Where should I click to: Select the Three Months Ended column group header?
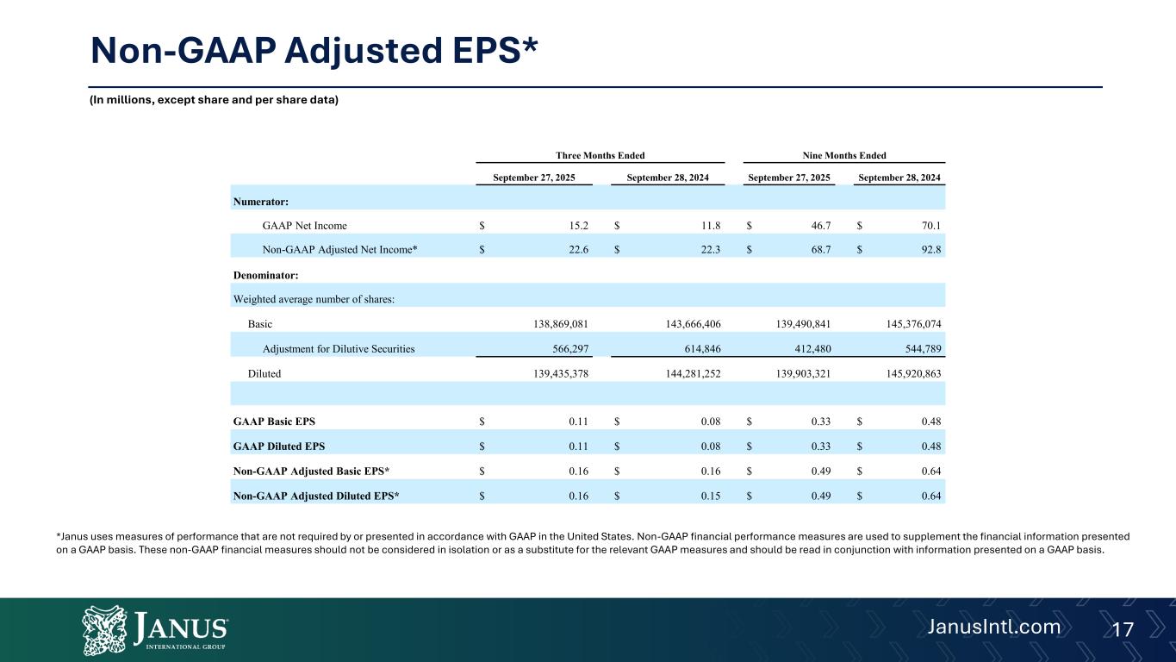[600, 155]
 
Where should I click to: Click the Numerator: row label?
[260, 202]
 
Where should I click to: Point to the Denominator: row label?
[267, 275]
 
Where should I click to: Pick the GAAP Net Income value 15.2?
[576, 226]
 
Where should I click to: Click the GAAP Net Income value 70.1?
[928, 226]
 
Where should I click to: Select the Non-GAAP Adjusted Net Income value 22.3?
[709, 250]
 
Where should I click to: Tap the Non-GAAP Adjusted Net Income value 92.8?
[928, 250]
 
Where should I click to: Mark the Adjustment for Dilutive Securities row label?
[339, 349]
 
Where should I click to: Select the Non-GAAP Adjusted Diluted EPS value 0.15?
[709, 496]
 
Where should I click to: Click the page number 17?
[1123, 629]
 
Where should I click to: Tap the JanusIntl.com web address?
[993, 627]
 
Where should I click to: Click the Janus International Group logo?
[155, 628]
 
